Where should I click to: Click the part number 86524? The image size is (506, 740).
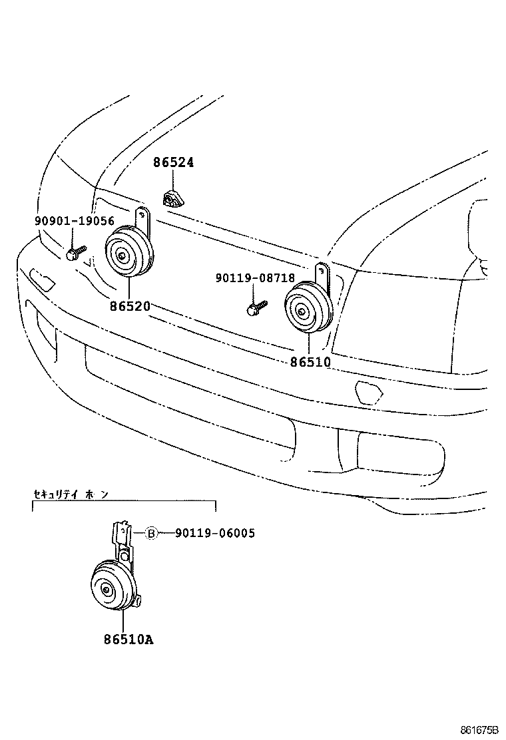click(x=173, y=162)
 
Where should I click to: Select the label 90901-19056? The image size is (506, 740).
click(x=75, y=221)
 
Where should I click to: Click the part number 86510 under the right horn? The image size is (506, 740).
click(x=310, y=362)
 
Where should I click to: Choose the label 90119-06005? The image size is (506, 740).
click(x=214, y=533)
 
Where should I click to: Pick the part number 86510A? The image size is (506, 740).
click(x=128, y=640)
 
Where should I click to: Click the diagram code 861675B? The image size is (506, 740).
click(x=478, y=729)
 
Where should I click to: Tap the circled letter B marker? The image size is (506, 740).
click(x=151, y=533)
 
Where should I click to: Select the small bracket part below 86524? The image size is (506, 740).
click(x=173, y=198)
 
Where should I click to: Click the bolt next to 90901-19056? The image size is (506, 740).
click(x=75, y=253)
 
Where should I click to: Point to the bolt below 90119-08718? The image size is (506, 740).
click(x=256, y=307)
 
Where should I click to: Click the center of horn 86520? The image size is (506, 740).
click(x=123, y=254)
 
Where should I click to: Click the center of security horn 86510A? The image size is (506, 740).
click(x=107, y=589)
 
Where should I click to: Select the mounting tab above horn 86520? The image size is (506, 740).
click(x=142, y=219)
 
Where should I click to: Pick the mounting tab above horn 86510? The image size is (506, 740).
click(x=323, y=273)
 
